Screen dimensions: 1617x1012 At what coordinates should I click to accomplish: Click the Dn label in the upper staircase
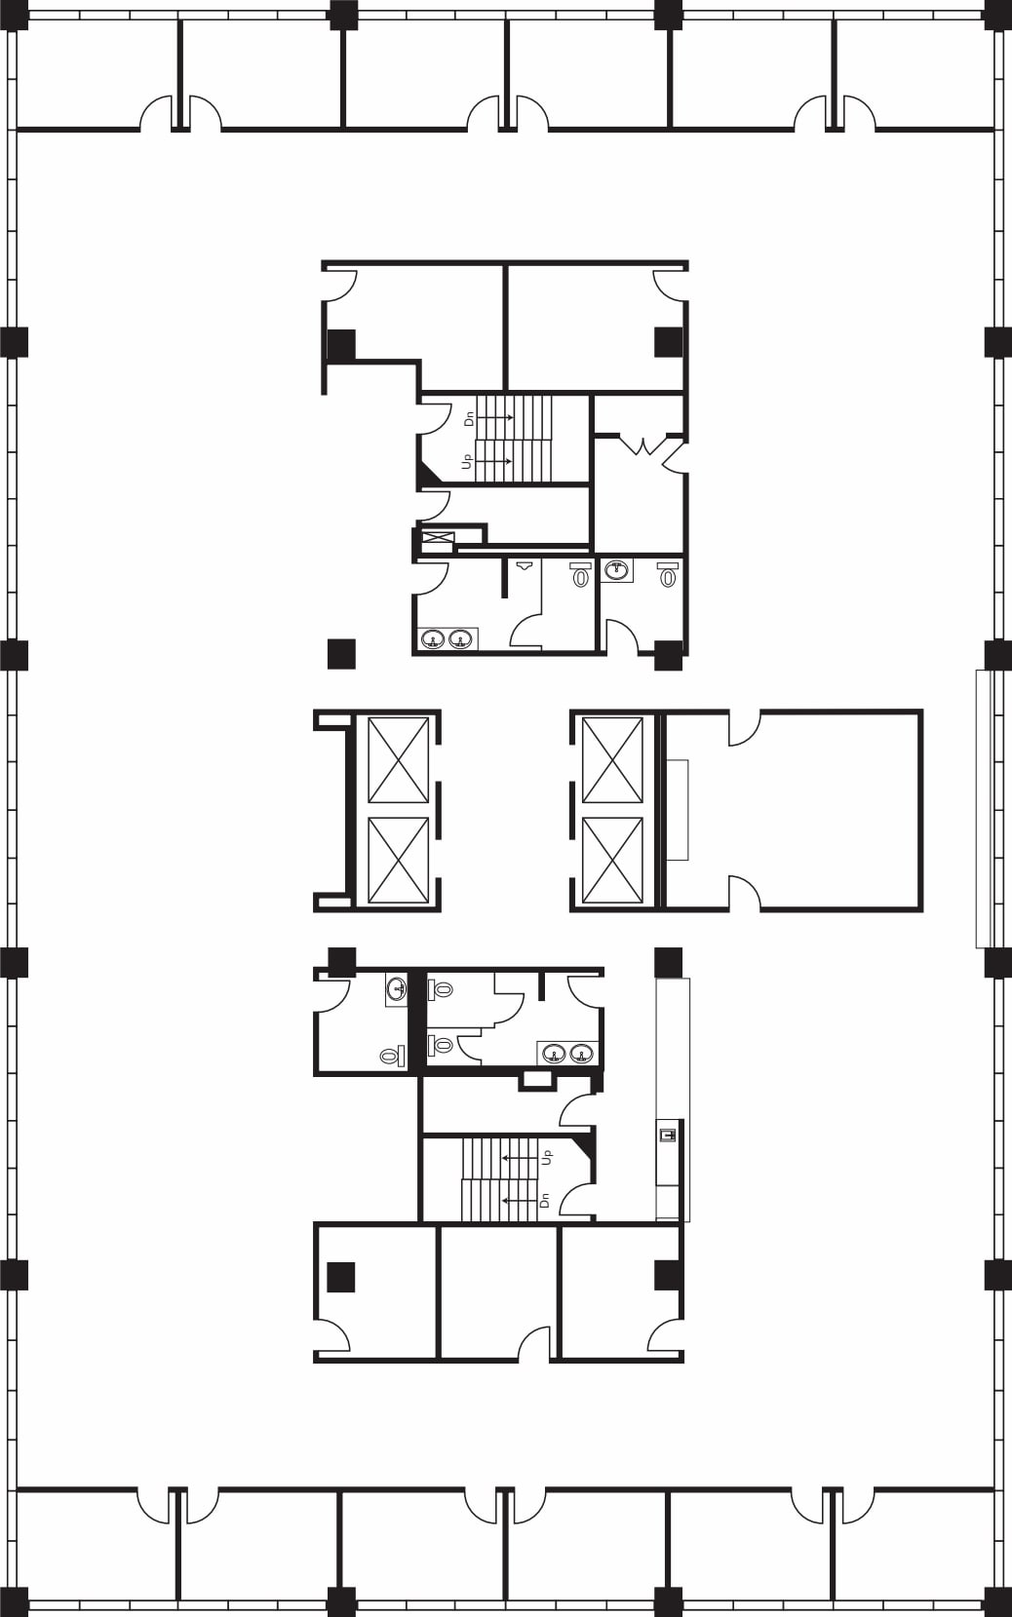click(x=469, y=418)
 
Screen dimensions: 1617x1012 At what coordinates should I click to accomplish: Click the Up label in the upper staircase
click(x=468, y=460)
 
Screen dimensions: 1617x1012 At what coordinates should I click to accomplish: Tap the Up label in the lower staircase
click(x=547, y=1157)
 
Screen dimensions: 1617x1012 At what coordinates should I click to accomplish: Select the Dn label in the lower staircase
click(x=545, y=1200)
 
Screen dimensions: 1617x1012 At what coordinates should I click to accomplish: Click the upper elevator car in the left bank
click(x=398, y=760)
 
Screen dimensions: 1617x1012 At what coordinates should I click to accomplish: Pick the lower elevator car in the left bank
click(x=398, y=860)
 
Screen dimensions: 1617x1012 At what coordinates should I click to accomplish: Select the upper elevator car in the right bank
click(x=612, y=760)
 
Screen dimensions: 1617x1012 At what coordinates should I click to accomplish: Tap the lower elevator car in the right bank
click(x=612, y=860)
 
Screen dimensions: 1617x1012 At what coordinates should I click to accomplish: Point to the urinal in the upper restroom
click(x=525, y=565)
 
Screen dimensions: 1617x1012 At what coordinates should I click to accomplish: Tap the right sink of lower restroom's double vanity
click(x=581, y=1053)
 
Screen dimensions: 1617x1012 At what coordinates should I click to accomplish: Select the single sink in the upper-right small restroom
click(x=616, y=570)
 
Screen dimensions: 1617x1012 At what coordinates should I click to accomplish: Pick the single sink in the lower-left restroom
click(x=397, y=989)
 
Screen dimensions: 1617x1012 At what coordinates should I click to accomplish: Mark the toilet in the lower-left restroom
click(x=392, y=1056)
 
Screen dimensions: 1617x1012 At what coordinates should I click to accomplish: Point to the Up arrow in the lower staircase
click(x=517, y=1157)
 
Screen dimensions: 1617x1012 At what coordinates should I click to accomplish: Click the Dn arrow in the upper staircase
click(x=497, y=417)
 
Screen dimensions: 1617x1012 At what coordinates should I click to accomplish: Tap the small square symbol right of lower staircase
click(x=668, y=1134)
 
